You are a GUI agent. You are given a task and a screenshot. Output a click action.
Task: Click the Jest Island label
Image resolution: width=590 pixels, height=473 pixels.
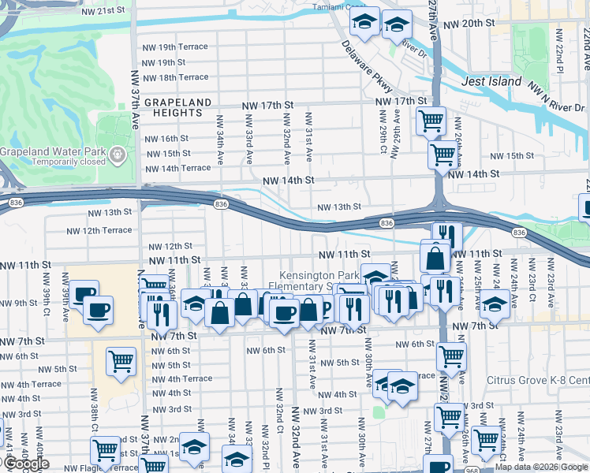coord(491,81)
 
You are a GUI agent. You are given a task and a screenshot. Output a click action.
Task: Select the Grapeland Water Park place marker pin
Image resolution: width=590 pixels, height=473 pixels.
coord(118,152)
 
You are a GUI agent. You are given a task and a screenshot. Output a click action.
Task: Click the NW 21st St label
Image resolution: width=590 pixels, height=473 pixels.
coord(103,11)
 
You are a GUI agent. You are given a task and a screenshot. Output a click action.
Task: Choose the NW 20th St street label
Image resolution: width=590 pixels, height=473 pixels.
coord(469,24)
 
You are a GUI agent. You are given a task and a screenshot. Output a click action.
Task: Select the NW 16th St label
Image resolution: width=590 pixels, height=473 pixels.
coord(168,139)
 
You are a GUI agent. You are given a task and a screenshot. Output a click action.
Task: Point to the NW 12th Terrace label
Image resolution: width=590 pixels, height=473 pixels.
coord(99,230)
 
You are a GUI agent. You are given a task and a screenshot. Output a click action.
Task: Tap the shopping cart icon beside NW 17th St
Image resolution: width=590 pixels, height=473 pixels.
coord(431,121)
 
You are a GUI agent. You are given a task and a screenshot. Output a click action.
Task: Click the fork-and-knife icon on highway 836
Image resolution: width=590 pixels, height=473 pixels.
coord(446,235)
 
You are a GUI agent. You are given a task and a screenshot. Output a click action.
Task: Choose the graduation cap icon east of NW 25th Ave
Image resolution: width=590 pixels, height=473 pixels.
coord(495,304)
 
